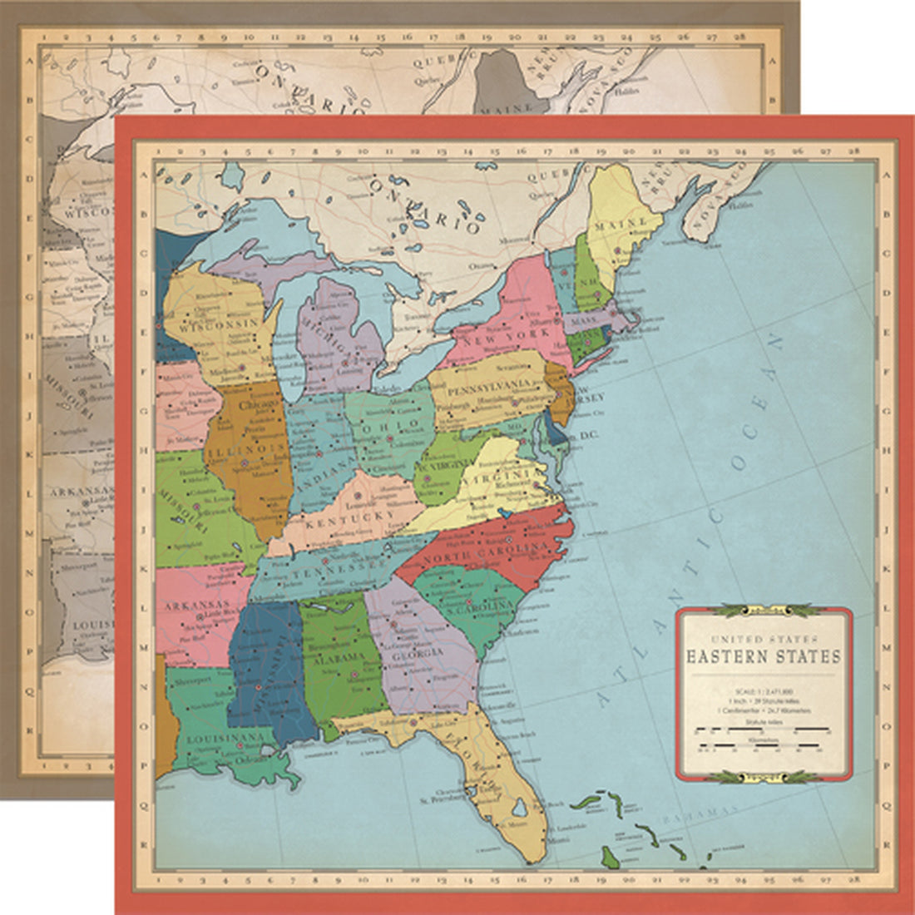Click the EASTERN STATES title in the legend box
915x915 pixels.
point(763,656)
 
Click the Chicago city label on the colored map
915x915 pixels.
point(250,405)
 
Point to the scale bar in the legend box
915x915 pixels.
point(763,730)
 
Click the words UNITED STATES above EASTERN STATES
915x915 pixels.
point(763,638)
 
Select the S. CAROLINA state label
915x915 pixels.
point(471,610)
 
